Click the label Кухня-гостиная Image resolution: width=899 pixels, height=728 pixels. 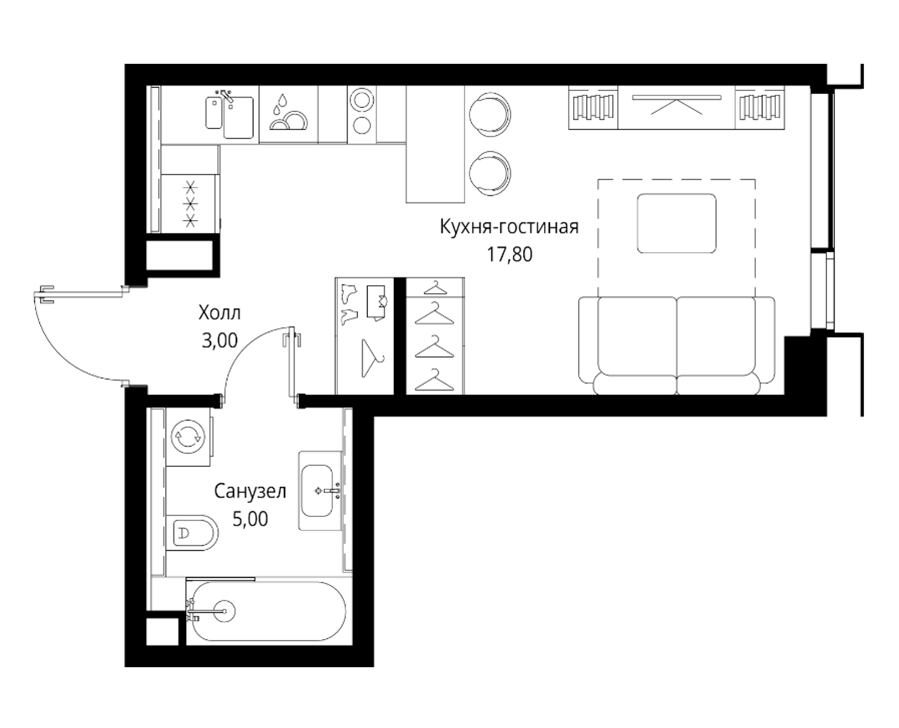click(509, 227)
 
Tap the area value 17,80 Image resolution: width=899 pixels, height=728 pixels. click(509, 254)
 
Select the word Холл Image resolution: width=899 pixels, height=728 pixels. click(219, 313)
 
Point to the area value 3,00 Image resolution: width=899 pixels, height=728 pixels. click(219, 341)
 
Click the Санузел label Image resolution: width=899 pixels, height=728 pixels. click(250, 491)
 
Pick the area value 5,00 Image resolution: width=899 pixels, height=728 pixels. click(250, 519)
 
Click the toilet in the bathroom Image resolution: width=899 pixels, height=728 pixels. click(192, 533)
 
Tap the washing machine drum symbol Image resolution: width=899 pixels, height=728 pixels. click(188, 437)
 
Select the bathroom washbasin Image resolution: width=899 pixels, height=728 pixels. click(317, 491)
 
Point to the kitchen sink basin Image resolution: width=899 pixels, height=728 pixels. click(238, 117)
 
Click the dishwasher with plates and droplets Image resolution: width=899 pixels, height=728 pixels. click(289, 114)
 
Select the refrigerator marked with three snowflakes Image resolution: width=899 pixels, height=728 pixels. click(190, 204)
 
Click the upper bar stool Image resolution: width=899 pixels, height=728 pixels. click(490, 115)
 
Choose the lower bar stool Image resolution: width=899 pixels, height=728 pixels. click(490, 173)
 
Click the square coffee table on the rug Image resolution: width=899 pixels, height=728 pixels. click(676, 223)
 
